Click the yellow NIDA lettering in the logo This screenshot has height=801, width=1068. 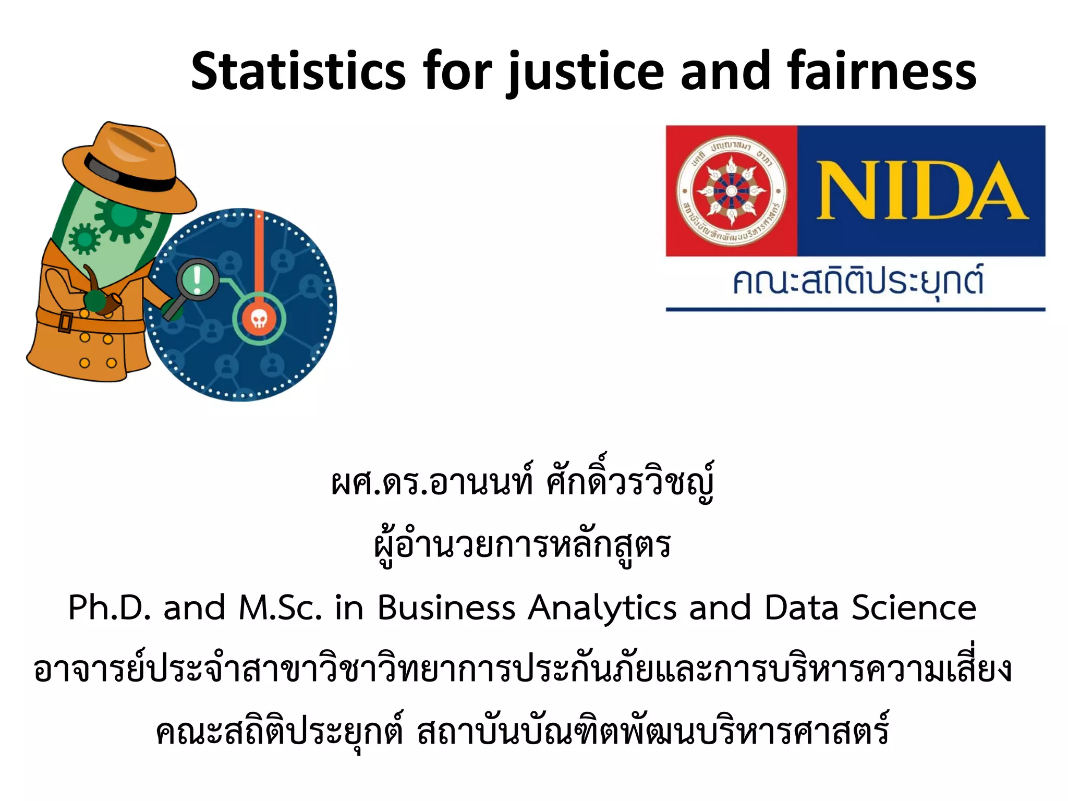(x=921, y=191)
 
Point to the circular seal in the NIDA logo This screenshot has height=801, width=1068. (x=731, y=191)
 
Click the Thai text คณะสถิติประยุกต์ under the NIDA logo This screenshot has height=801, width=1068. (x=857, y=282)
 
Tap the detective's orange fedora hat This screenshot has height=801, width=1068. (x=128, y=167)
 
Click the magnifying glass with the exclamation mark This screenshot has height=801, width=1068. (x=197, y=280)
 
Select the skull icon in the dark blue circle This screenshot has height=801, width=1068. (x=259, y=319)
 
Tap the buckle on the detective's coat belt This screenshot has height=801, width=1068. (x=65, y=321)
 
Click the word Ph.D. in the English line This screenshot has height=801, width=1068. (x=110, y=608)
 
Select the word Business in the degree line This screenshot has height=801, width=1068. (x=446, y=608)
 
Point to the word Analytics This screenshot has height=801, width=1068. (x=602, y=608)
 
